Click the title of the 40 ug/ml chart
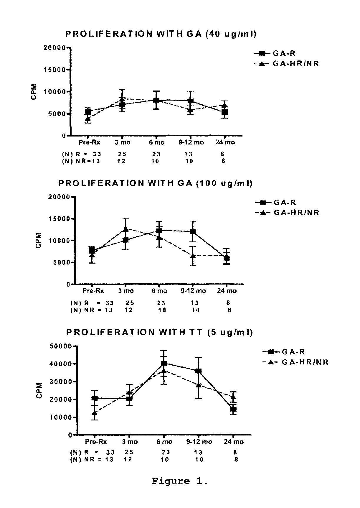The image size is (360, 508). [161, 34]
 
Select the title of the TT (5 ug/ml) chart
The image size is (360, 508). [159, 333]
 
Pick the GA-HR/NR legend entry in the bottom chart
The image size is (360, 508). [295, 362]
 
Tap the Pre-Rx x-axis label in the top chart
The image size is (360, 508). [89, 142]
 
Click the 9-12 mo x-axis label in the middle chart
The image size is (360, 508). [193, 291]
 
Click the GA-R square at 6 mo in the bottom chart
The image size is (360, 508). [164, 364]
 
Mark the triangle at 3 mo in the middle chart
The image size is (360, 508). [126, 229]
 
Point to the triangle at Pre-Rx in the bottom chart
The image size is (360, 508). [94, 413]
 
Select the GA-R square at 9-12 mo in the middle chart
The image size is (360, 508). [193, 232]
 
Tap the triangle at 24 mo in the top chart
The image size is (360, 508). [224, 106]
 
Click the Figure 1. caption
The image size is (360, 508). [180, 481]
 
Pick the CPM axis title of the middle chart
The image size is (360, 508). [38, 241]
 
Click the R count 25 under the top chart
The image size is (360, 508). [121, 154]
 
